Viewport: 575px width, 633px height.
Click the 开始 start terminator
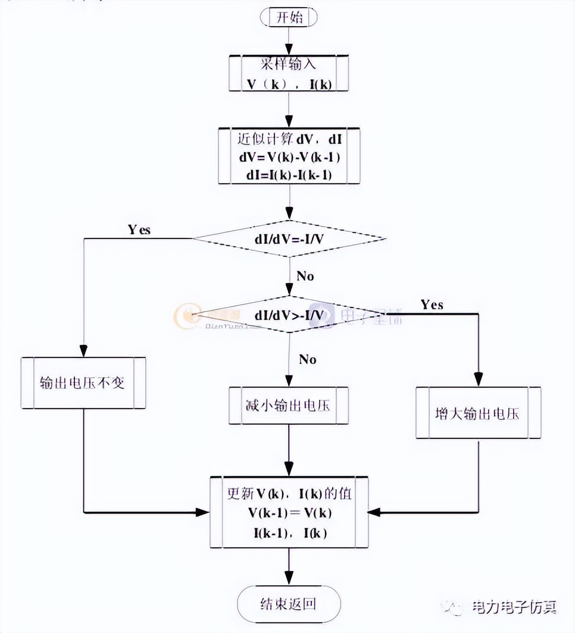point(289,17)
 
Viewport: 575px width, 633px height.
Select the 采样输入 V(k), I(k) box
point(289,74)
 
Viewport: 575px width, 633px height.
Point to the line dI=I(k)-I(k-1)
point(289,175)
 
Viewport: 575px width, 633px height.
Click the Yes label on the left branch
point(139,230)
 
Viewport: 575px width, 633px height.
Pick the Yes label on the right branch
point(432,305)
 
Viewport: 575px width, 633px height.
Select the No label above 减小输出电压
point(307,359)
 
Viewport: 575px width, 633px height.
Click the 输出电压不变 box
point(83,383)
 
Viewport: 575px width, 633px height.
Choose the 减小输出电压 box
point(289,406)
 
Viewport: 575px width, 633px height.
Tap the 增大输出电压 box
point(477,413)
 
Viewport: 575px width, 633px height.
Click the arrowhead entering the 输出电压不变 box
point(83,351)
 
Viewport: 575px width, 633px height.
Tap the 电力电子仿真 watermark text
point(514,607)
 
